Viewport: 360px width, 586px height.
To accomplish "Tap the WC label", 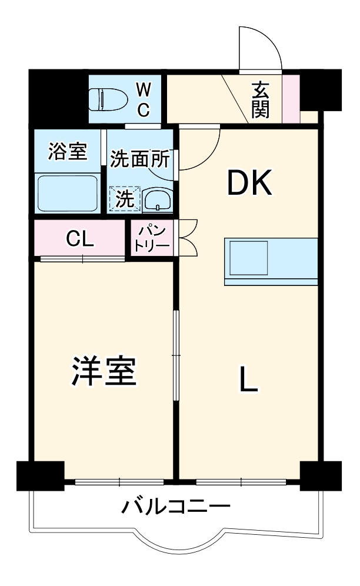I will point(144,99).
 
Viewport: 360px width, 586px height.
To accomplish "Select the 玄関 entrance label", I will point(261,99).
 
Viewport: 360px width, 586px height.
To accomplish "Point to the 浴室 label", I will point(67,152).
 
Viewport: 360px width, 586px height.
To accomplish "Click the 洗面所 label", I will point(141,159).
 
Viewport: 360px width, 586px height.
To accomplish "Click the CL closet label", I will point(79,238).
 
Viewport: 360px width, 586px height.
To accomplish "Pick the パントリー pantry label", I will point(151,238).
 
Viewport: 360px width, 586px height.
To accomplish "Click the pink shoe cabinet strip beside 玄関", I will point(291,98).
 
